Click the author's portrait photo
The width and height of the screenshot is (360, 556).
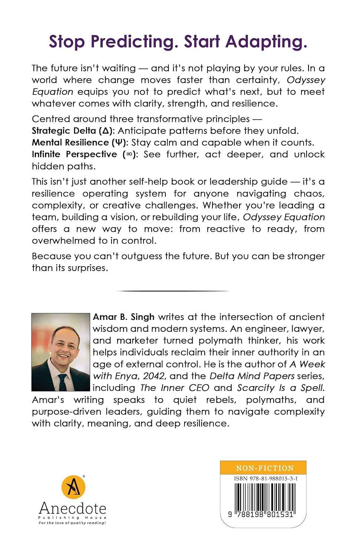[61, 352]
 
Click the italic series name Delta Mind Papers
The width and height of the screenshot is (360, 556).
[252, 376]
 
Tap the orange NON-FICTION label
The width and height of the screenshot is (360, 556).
[265, 468]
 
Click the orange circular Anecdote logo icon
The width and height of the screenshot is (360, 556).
[73, 487]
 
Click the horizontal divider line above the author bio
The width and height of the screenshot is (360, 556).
[173, 291]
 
